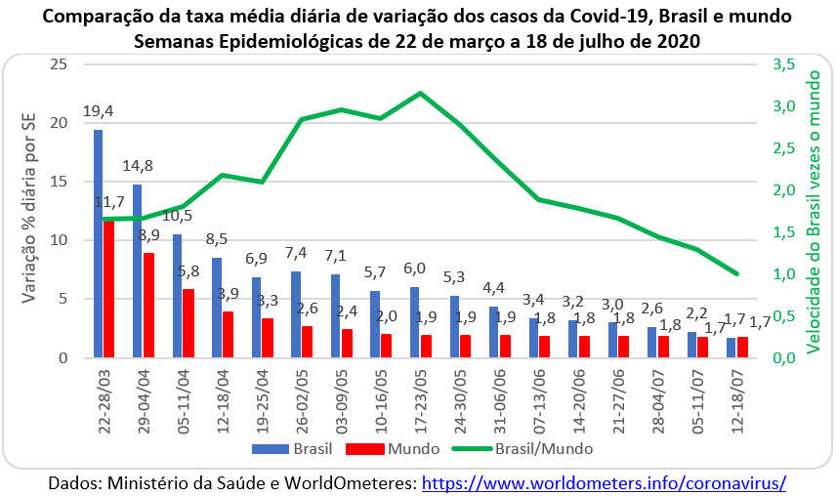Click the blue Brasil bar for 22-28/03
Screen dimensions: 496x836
pos(98,243)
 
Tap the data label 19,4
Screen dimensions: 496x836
pos(98,111)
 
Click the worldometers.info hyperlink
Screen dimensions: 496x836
pos(604,482)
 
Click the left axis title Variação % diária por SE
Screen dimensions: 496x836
pos(30,210)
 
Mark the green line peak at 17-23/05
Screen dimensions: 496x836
pos(420,94)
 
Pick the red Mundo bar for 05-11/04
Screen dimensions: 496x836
pos(188,323)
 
